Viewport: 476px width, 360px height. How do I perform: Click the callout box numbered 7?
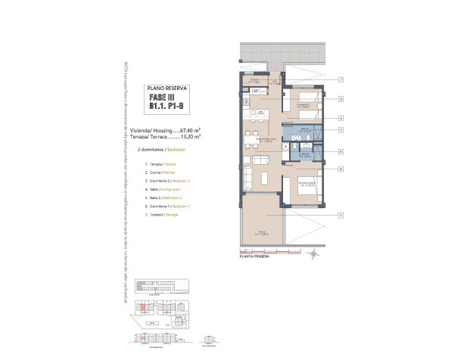click(342, 79)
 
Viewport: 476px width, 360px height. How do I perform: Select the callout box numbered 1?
click(342, 215)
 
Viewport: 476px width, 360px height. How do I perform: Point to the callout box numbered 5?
click(342, 130)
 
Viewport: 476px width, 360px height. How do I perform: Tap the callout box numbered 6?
click(342, 169)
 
